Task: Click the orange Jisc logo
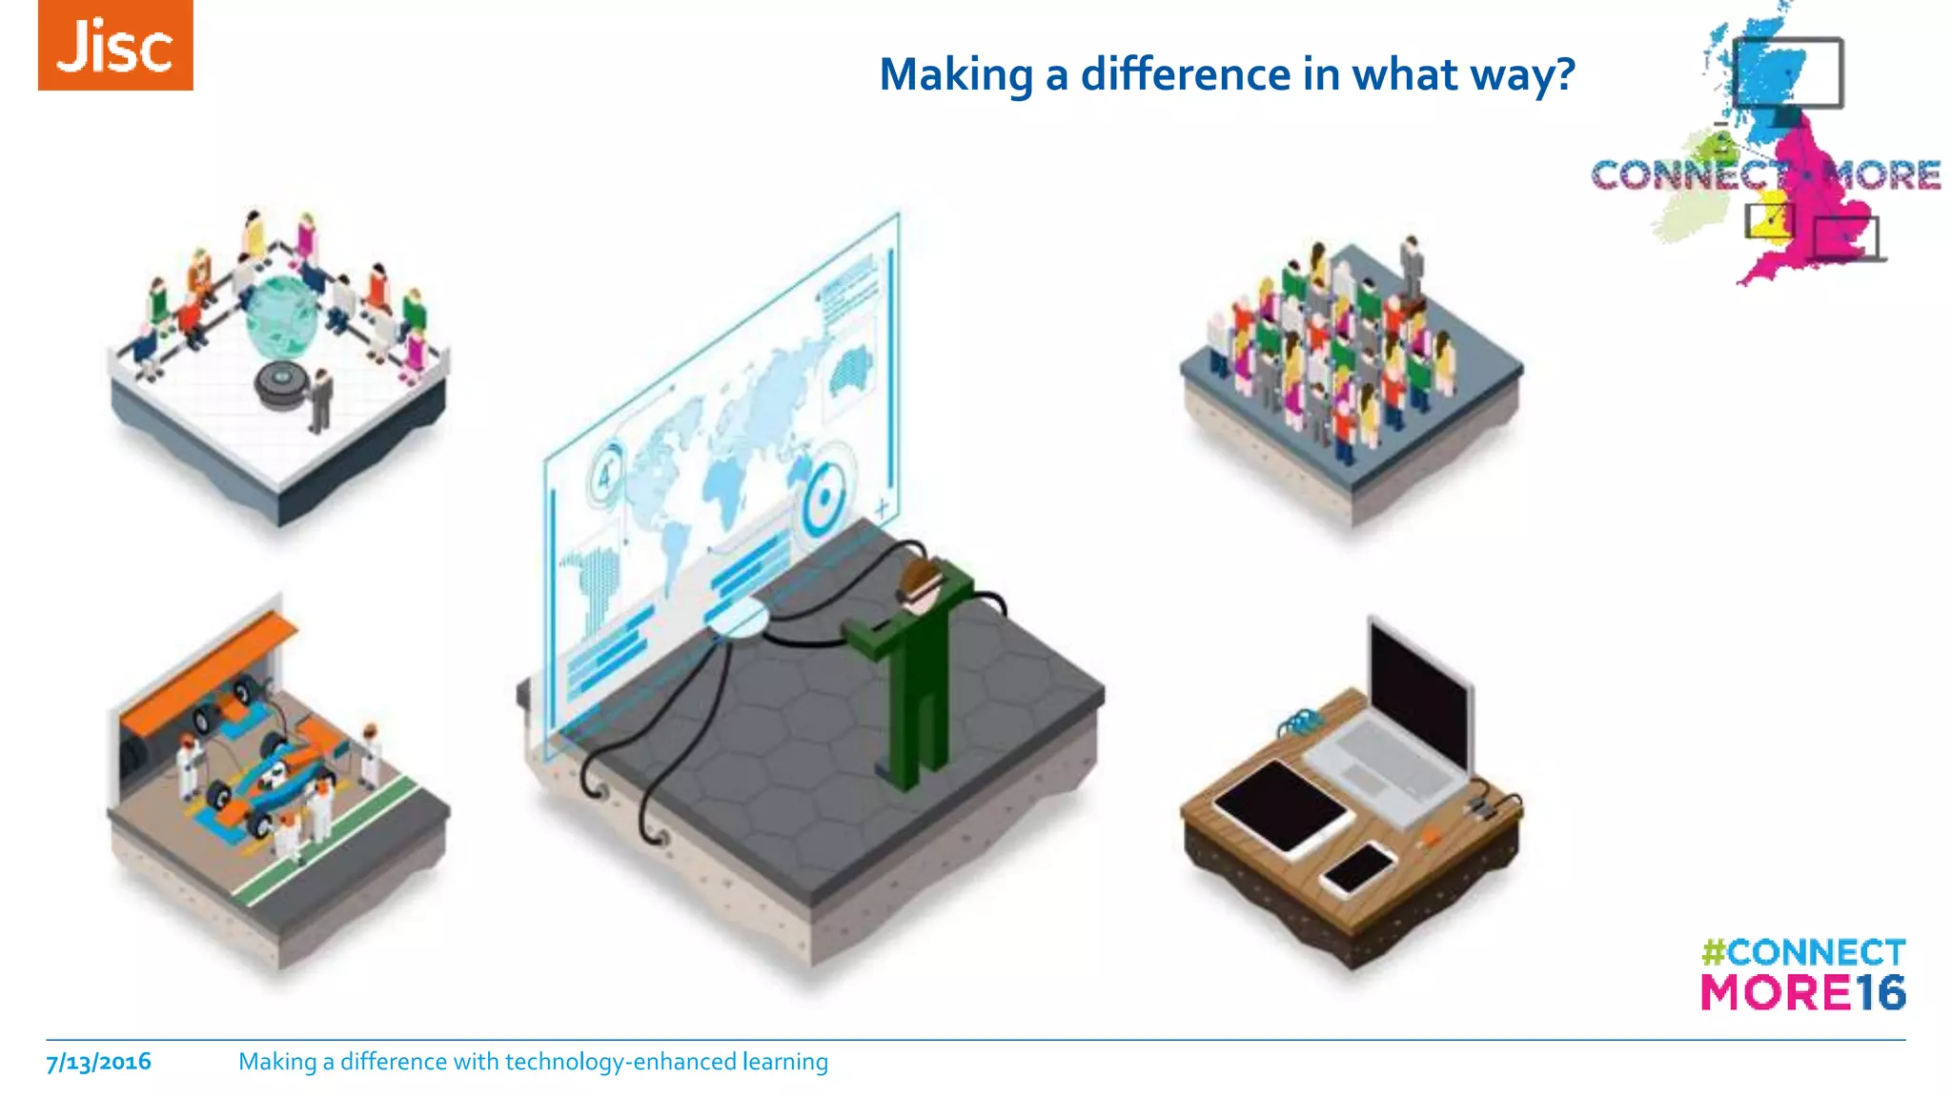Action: click(115, 46)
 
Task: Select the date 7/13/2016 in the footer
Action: click(99, 1062)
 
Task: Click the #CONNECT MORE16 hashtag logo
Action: click(1803, 974)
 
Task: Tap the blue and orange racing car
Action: click(267, 772)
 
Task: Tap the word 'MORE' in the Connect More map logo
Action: click(1881, 175)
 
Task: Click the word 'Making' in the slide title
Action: click(956, 74)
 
